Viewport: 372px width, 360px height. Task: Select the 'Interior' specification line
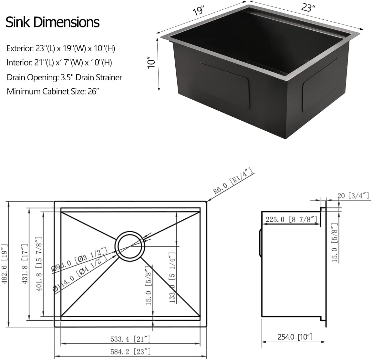(59, 62)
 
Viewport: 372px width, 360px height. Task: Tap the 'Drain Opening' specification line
(64, 77)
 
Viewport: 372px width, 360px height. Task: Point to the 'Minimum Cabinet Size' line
(53, 91)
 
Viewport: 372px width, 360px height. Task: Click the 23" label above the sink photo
(308, 8)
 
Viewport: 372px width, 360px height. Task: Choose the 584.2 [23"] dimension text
(131, 351)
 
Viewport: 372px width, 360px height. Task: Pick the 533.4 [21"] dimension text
(131, 339)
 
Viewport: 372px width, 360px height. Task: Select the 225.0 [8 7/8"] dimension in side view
(291, 219)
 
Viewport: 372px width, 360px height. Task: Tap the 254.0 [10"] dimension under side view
(294, 337)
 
